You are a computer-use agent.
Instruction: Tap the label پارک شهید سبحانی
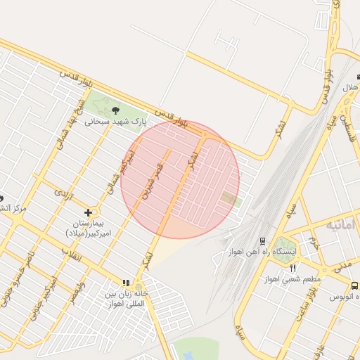(x=116, y=121)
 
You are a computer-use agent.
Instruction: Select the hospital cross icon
(x=88, y=212)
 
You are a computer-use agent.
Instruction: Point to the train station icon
(x=262, y=240)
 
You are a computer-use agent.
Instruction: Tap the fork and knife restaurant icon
(x=293, y=268)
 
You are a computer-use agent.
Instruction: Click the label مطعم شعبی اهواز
(x=293, y=279)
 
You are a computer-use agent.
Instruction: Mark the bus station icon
(x=354, y=286)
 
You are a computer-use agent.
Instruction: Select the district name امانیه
(x=343, y=225)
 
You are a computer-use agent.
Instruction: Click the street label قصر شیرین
(x=153, y=181)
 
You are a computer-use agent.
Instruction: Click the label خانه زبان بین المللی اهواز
(x=125, y=299)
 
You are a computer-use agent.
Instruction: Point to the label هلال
(x=349, y=89)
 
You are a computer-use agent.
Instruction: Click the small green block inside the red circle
(x=229, y=199)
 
